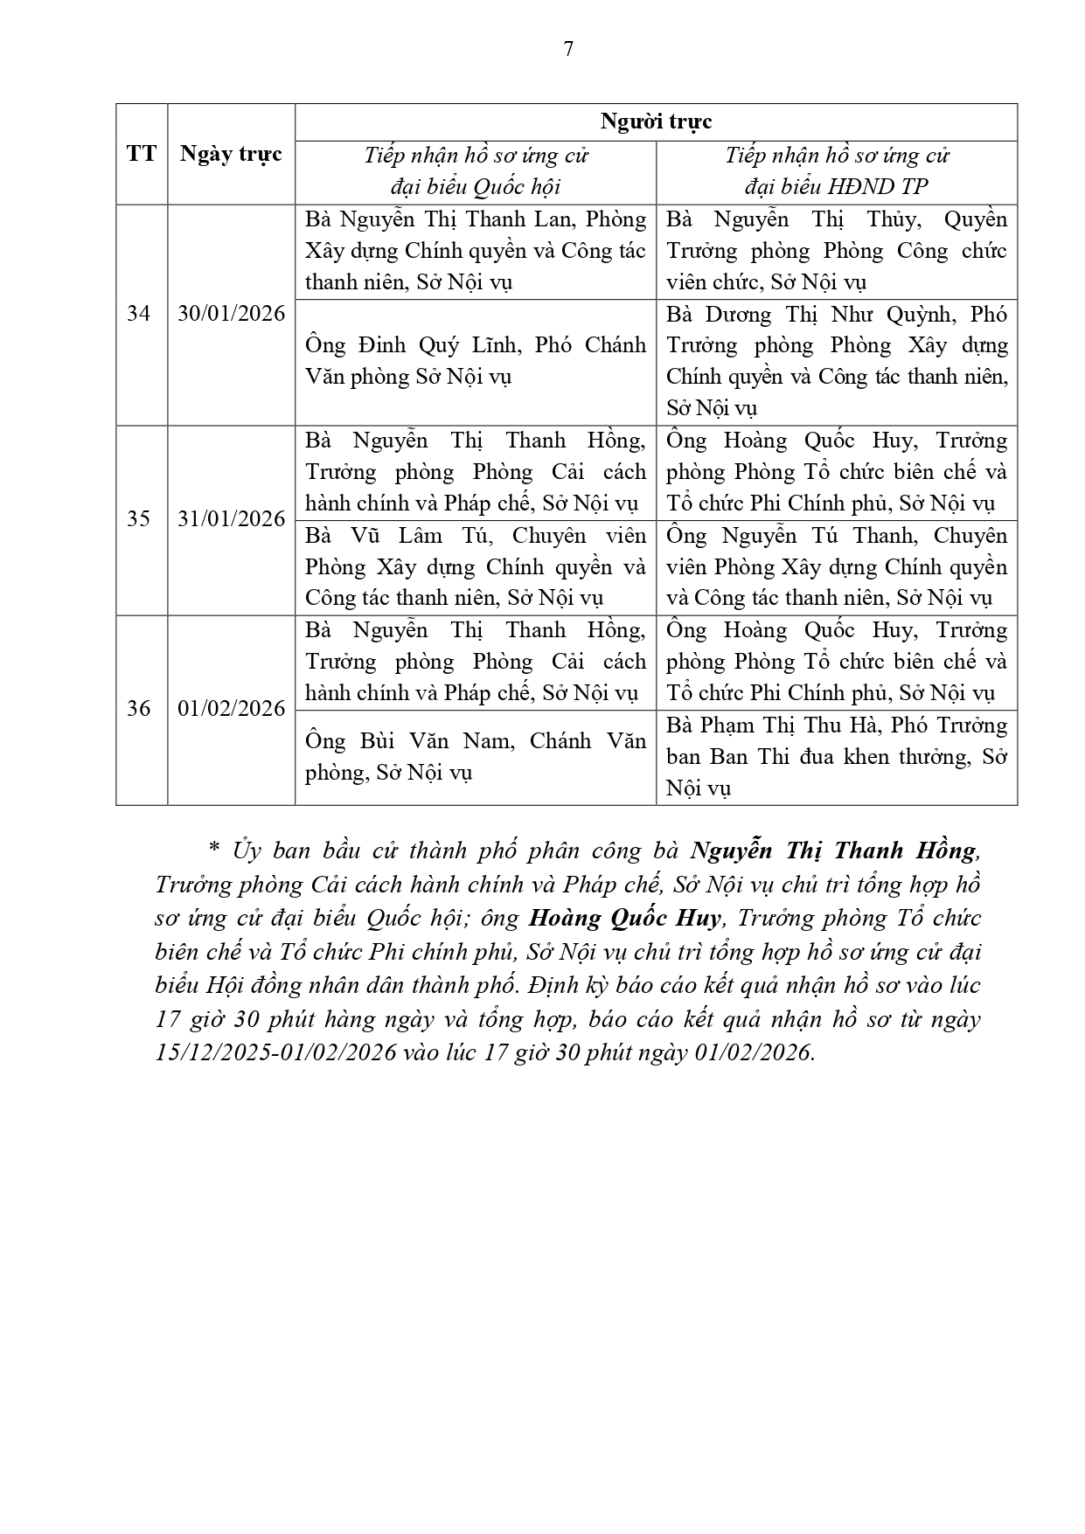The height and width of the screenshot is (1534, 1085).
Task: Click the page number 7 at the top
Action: tap(568, 49)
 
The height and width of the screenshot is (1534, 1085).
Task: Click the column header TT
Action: tap(141, 154)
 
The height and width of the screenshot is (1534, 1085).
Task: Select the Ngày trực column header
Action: tap(231, 154)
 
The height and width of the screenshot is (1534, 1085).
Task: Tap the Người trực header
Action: tap(656, 121)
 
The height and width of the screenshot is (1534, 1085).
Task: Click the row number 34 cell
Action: tap(139, 313)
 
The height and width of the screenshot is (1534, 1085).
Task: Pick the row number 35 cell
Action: tap(139, 519)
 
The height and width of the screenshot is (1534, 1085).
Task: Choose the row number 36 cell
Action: tap(139, 708)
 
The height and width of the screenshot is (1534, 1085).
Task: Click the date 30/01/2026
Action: tap(231, 313)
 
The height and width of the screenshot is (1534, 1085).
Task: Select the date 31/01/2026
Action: tap(231, 519)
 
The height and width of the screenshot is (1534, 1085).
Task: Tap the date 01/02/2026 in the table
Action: tap(231, 708)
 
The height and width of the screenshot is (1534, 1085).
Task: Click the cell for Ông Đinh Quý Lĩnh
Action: tap(475, 361)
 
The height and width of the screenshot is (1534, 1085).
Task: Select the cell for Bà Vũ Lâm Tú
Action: tap(475, 566)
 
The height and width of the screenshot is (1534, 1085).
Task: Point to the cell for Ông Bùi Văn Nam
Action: tap(475, 757)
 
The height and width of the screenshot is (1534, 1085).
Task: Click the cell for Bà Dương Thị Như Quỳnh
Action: tap(837, 361)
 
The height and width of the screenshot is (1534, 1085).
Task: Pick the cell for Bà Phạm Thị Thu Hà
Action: tap(837, 757)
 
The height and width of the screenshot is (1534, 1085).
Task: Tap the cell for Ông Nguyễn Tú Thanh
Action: tap(837, 566)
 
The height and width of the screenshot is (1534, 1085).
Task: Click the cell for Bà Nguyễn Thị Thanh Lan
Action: tap(475, 251)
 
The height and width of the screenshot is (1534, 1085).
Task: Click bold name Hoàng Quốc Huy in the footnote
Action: tap(624, 918)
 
